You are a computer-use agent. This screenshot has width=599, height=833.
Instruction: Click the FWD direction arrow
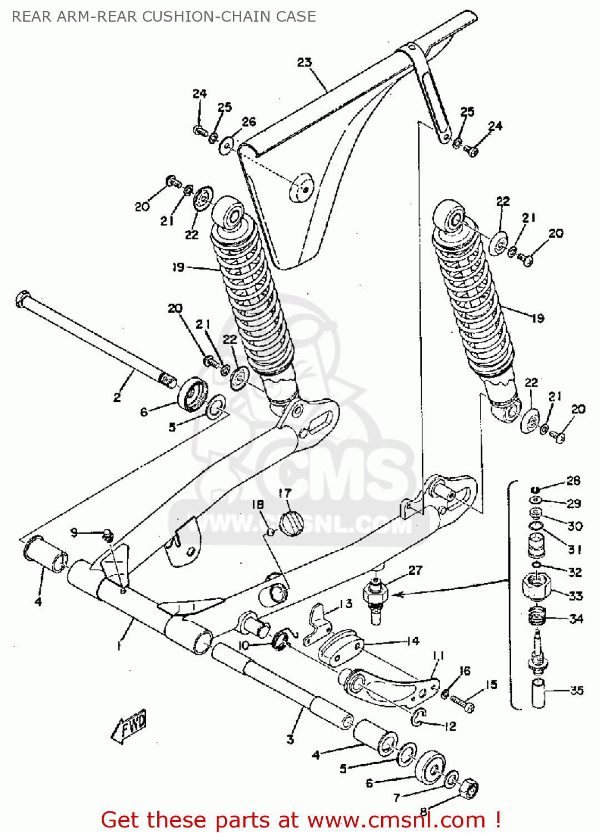[x=129, y=726]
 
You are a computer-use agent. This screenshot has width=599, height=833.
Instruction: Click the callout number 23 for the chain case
[x=305, y=62]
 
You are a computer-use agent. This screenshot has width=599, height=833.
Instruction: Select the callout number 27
[x=415, y=570]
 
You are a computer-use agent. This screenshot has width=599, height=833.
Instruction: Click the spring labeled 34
[x=537, y=616]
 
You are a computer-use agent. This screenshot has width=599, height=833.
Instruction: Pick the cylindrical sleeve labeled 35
[x=538, y=695]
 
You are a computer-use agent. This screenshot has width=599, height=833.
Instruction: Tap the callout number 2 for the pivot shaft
[x=117, y=397]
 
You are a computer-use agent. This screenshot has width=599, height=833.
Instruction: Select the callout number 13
[x=346, y=604]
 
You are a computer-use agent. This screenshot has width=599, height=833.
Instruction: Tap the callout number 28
[x=573, y=481]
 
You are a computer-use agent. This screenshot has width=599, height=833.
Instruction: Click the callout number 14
[x=412, y=641]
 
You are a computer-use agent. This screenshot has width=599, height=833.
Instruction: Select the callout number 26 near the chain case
[x=248, y=122]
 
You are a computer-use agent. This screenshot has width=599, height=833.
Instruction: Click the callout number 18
[x=258, y=504]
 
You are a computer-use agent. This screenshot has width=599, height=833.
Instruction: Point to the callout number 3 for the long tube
[x=290, y=739]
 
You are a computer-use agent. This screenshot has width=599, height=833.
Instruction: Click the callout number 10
[x=243, y=646]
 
